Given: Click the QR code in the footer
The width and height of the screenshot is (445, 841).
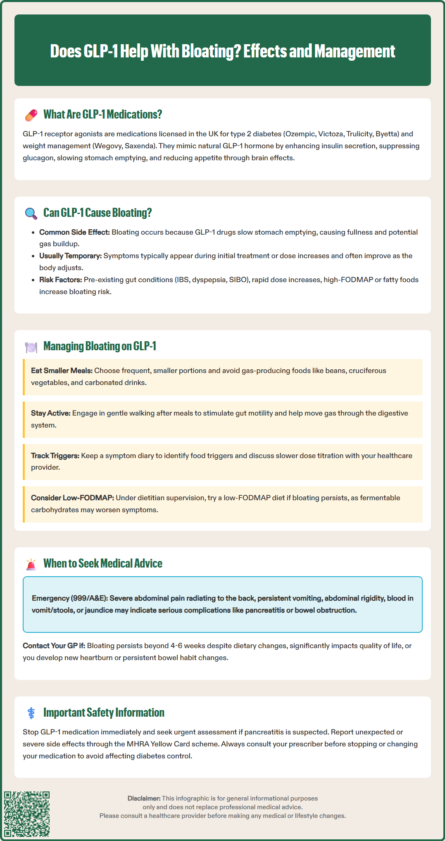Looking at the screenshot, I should tap(27, 814).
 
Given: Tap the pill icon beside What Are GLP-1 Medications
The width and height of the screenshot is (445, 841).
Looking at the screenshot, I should tap(31, 115).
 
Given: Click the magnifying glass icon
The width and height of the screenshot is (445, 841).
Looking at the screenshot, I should tap(31, 213).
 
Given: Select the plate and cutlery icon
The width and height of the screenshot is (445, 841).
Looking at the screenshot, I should tap(31, 347).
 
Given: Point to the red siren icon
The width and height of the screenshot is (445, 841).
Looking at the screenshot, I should tap(31, 564).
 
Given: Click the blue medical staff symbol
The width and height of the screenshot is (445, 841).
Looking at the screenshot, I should tap(31, 713).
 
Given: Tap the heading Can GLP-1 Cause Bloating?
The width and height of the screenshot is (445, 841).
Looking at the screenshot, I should tap(98, 213).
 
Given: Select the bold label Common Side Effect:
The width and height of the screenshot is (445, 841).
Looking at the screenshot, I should tap(74, 232).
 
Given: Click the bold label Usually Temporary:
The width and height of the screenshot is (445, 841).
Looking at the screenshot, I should tap(70, 256).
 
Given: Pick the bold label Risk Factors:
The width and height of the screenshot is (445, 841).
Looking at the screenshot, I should tap(61, 280).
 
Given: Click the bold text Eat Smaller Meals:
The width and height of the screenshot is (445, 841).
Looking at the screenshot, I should tap(62, 371).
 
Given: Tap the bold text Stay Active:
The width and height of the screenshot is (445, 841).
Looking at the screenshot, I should tap(51, 413).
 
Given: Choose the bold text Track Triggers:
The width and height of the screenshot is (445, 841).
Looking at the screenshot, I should tap(55, 456).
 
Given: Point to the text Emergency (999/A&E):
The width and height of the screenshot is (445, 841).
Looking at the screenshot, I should tap(70, 598).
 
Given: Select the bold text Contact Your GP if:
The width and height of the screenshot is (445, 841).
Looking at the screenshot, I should tap(54, 646).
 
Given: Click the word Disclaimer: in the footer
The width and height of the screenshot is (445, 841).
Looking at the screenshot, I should tap(144, 798).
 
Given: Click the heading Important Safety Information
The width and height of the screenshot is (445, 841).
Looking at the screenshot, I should tap(104, 713).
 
